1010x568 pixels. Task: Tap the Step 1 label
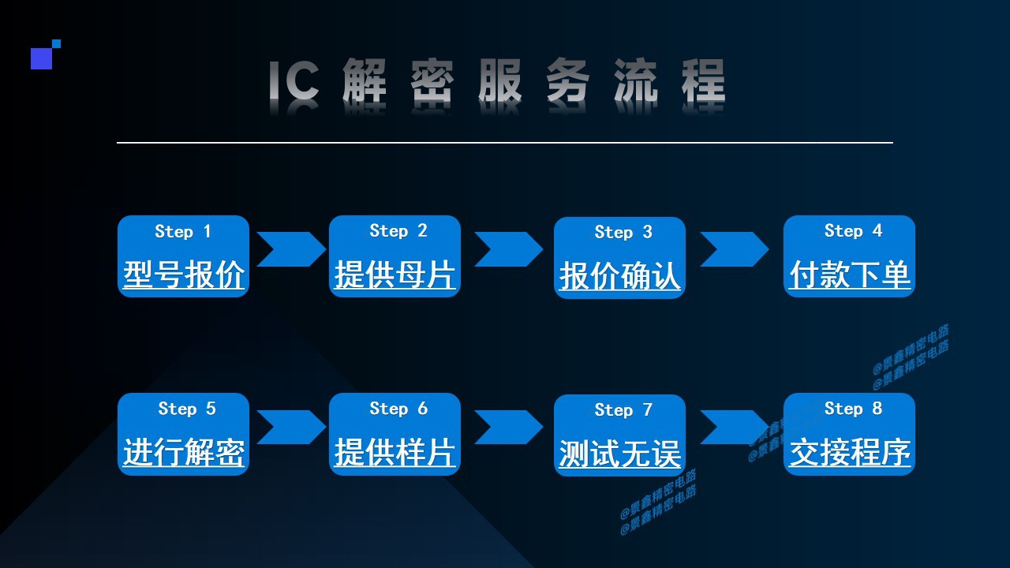click(183, 231)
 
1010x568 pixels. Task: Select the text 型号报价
click(183, 275)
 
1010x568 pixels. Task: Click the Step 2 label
click(398, 230)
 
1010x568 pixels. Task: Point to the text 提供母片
click(395, 275)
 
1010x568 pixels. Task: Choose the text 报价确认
click(619, 276)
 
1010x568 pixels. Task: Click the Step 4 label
click(853, 230)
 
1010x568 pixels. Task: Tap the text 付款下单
click(850, 275)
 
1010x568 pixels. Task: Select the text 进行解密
click(183, 453)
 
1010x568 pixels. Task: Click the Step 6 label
click(398, 408)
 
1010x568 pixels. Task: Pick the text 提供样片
click(395, 453)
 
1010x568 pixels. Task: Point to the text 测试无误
click(619, 454)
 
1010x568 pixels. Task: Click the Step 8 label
click(853, 408)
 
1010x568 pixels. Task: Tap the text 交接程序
click(850, 453)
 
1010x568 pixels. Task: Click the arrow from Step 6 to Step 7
click(508, 428)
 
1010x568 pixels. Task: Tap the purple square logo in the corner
click(42, 58)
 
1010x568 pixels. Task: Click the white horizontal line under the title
click(505, 143)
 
